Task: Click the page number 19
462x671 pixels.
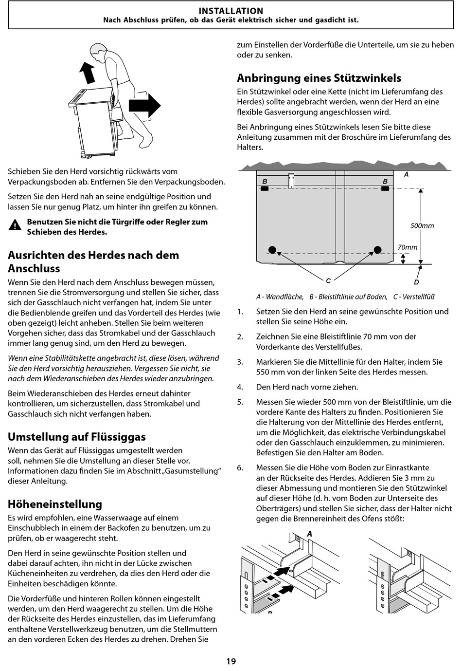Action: pyautogui.click(x=231, y=661)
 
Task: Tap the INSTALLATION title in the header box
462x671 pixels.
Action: pyautogui.click(x=231, y=11)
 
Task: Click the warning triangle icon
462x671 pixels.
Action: pyautogui.click(x=15, y=224)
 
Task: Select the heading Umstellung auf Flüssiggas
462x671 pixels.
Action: pyautogui.click(x=77, y=437)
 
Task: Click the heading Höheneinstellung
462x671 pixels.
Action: pyautogui.click(x=55, y=504)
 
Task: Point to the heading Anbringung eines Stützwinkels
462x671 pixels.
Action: pyautogui.click(x=319, y=78)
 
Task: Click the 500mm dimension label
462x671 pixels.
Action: pyautogui.click(x=422, y=225)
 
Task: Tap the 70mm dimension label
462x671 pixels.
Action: pyautogui.click(x=407, y=247)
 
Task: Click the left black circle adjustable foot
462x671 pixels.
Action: pyautogui.click(x=272, y=249)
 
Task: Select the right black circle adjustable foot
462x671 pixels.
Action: pyautogui.click(x=377, y=249)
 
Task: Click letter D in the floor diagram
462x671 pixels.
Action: pyautogui.click(x=416, y=282)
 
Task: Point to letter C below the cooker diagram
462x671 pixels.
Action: pyautogui.click(x=328, y=280)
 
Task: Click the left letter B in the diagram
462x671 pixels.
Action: pyautogui.click(x=265, y=181)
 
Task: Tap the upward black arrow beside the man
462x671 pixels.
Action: pyautogui.click(x=87, y=73)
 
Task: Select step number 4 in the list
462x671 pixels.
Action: pyautogui.click(x=240, y=387)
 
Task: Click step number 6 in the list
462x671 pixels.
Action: pyautogui.click(x=240, y=467)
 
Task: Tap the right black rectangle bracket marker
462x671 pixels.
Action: pyautogui.click(x=385, y=188)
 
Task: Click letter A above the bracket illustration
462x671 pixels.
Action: pyautogui.click(x=310, y=534)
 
